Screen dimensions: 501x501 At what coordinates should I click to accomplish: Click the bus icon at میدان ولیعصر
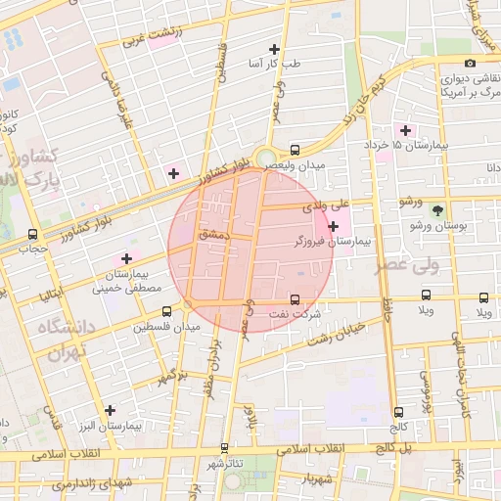[x=295, y=150]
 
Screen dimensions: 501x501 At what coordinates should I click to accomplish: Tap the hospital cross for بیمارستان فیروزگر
[x=334, y=226]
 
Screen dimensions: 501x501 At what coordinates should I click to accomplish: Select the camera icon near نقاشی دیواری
[x=471, y=64]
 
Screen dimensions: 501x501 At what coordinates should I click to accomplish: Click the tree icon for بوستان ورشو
[x=436, y=209]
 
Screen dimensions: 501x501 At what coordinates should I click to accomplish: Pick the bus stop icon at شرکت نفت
[x=295, y=299]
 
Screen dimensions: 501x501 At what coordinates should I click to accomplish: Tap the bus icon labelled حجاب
[x=34, y=234]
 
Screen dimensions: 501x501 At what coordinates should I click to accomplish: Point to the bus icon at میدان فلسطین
[x=166, y=311]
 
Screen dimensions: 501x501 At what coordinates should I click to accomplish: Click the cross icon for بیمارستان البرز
[x=110, y=410]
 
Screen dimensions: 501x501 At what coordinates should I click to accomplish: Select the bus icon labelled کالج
[x=397, y=412]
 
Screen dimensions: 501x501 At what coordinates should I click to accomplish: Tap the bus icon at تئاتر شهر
[x=214, y=463]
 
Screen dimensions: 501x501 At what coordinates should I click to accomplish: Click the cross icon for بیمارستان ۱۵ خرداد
[x=404, y=129]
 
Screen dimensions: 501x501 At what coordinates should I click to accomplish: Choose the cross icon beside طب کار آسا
[x=274, y=49]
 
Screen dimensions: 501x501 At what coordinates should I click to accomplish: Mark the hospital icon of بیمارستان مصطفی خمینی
[x=126, y=257]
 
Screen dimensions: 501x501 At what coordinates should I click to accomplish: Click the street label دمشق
[x=211, y=235]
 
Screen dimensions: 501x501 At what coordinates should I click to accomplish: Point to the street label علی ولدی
[x=327, y=206]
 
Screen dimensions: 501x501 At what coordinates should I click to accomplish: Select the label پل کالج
[x=398, y=446]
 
